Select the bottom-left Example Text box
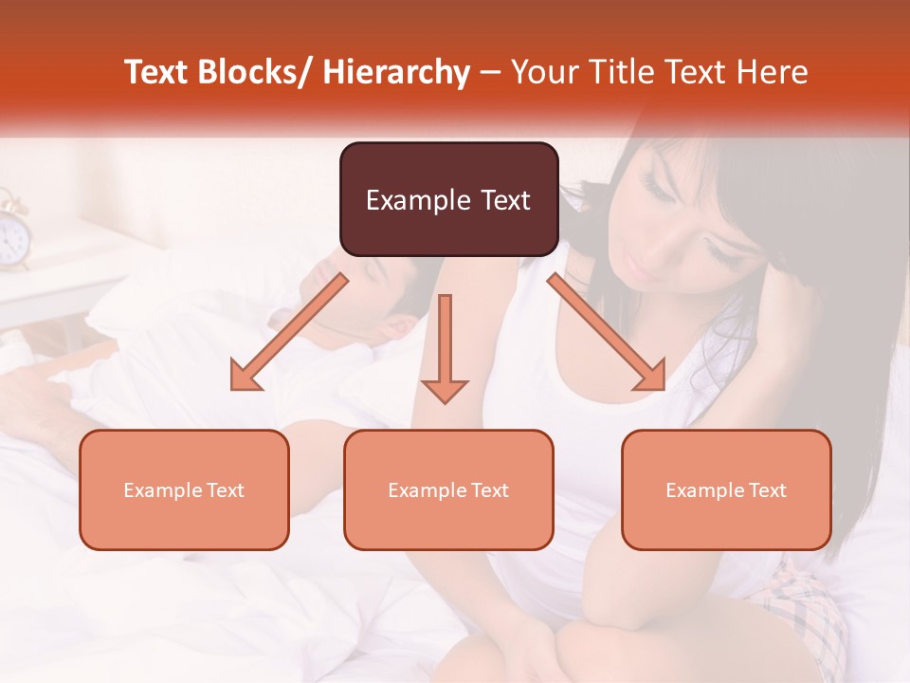click(184, 490)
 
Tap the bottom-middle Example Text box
click(448, 490)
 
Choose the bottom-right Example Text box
click(726, 490)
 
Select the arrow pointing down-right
click(608, 332)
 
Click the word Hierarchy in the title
click(395, 72)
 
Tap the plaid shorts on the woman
click(815, 607)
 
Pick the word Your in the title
click(544, 72)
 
